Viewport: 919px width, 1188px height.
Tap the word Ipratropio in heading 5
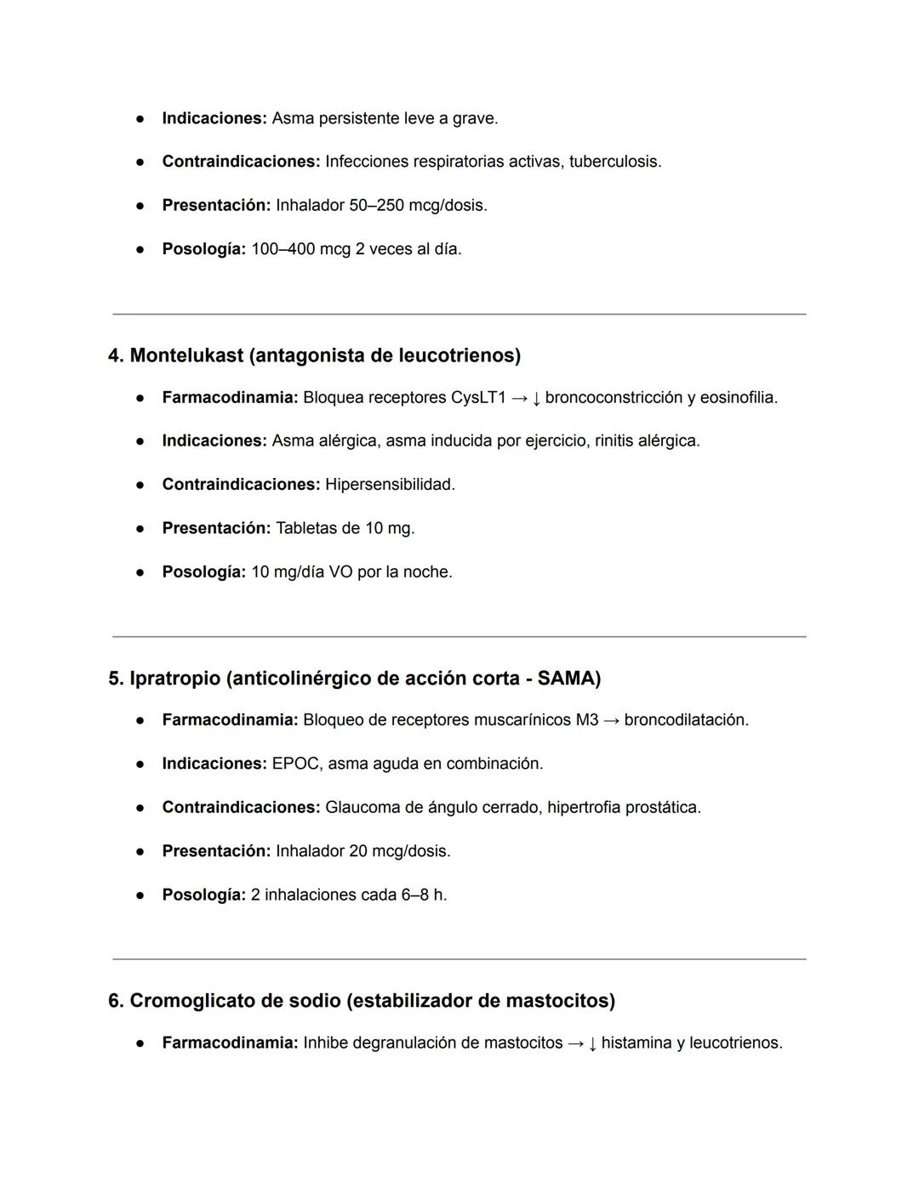click(174, 679)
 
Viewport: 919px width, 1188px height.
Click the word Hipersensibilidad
click(389, 485)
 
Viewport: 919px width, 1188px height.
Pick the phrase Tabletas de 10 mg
click(345, 528)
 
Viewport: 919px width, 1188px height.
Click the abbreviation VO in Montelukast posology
click(340, 572)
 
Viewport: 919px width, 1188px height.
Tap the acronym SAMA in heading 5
click(568, 679)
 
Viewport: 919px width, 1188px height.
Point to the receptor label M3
click(586, 720)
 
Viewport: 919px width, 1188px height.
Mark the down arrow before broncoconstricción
click(536, 399)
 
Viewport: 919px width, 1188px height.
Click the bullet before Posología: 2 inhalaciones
click(140, 895)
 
